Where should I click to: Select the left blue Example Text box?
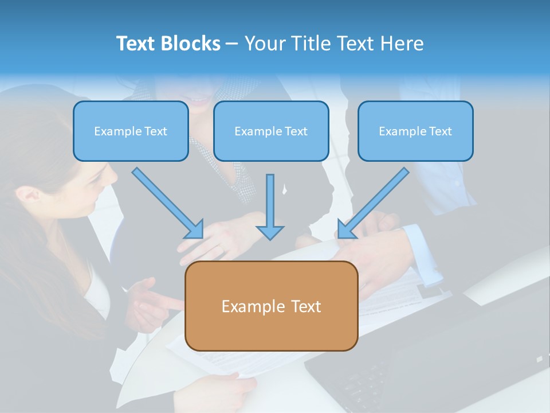click(x=131, y=131)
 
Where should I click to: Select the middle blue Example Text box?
click(x=271, y=131)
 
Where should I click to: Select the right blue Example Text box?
click(x=415, y=131)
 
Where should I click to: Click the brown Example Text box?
click(x=271, y=306)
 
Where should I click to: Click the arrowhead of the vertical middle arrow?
click(x=270, y=232)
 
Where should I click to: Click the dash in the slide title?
click(x=232, y=44)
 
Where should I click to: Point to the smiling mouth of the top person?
click(x=198, y=100)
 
